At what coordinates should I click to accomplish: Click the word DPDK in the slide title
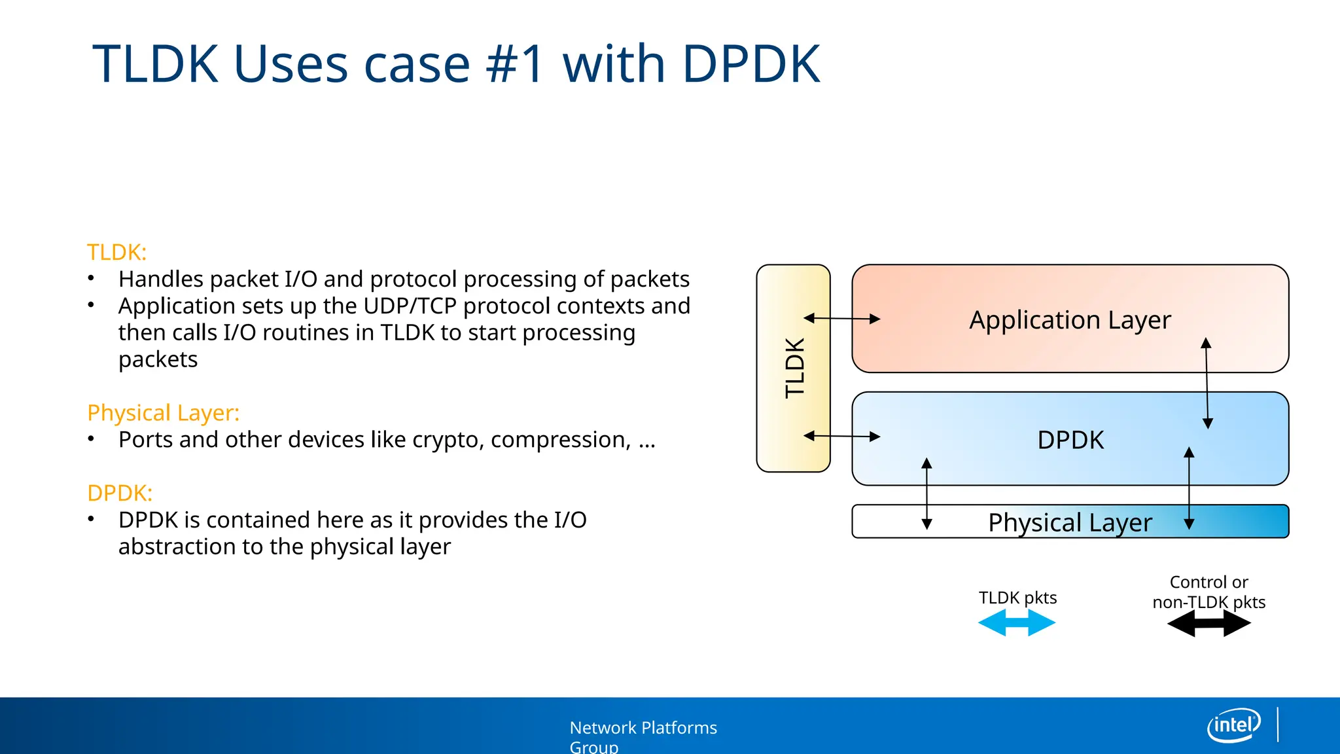pyautogui.click(x=750, y=64)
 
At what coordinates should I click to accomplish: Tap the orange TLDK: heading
pyautogui.click(x=116, y=252)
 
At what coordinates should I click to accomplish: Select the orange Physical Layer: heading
pyautogui.click(x=163, y=413)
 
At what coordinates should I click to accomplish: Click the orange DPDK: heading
pyautogui.click(x=120, y=493)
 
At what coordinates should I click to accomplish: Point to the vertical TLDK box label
pyautogui.click(x=794, y=368)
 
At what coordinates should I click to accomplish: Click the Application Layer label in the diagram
pyautogui.click(x=1070, y=320)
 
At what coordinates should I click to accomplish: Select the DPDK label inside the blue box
pyautogui.click(x=1070, y=440)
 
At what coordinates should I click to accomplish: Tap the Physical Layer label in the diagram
pyautogui.click(x=1070, y=522)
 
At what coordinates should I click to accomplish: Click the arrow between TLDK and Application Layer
pyautogui.click(x=841, y=319)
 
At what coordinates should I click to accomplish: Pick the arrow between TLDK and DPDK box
pyautogui.click(x=841, y=436)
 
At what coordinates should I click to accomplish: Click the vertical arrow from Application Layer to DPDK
pyautogui.click(x=1207, y=383)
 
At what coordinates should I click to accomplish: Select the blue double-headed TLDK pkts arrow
pyautogui.click(x=1016, y=623)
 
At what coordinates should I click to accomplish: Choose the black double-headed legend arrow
pyautogui.click(x=1208, y=624)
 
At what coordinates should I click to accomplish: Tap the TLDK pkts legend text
pyautogui.click(x=1017, y=598)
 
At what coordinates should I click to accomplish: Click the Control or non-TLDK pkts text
pyautogui.click(x=1208, y=592)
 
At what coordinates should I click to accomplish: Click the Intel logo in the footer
pyautogui.click(x=1233, y=725)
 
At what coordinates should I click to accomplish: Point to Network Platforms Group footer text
pyautogui.click(x=643, y=736)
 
